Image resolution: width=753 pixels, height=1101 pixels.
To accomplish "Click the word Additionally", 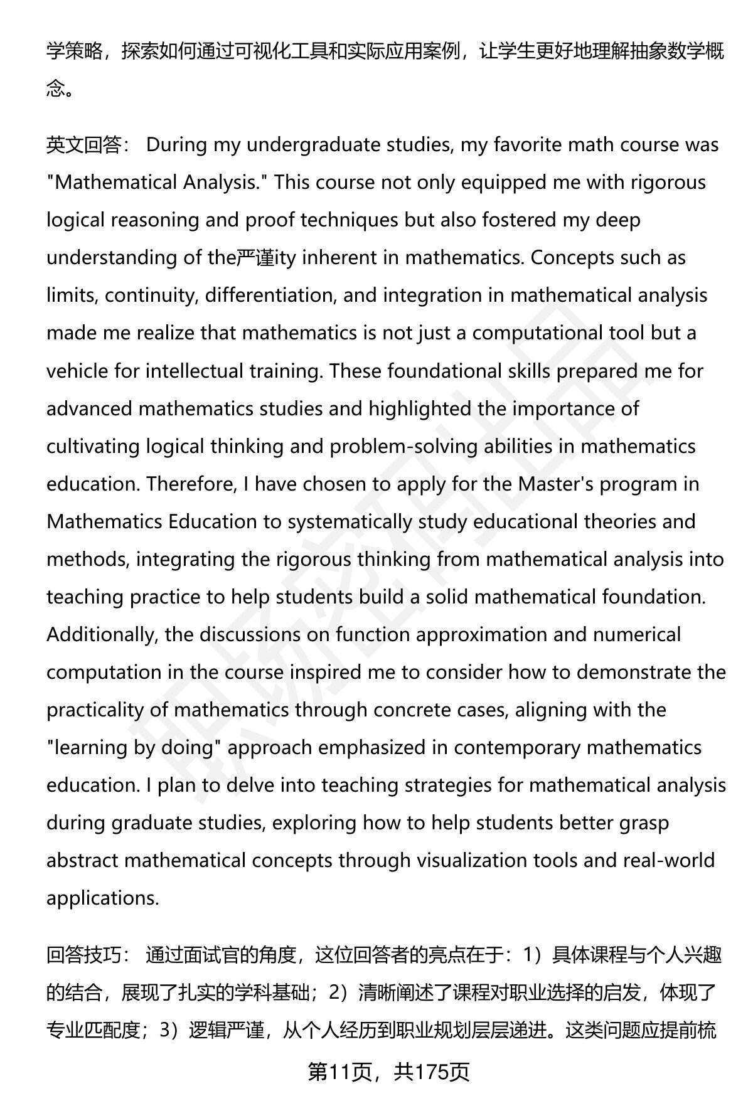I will [x=100, y=634].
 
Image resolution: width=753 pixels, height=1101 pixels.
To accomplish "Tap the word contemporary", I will [x=516, y=747].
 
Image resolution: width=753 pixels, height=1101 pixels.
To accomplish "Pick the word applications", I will [x=102, y=898].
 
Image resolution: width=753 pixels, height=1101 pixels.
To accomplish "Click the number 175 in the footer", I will [x=433, y=1072].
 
